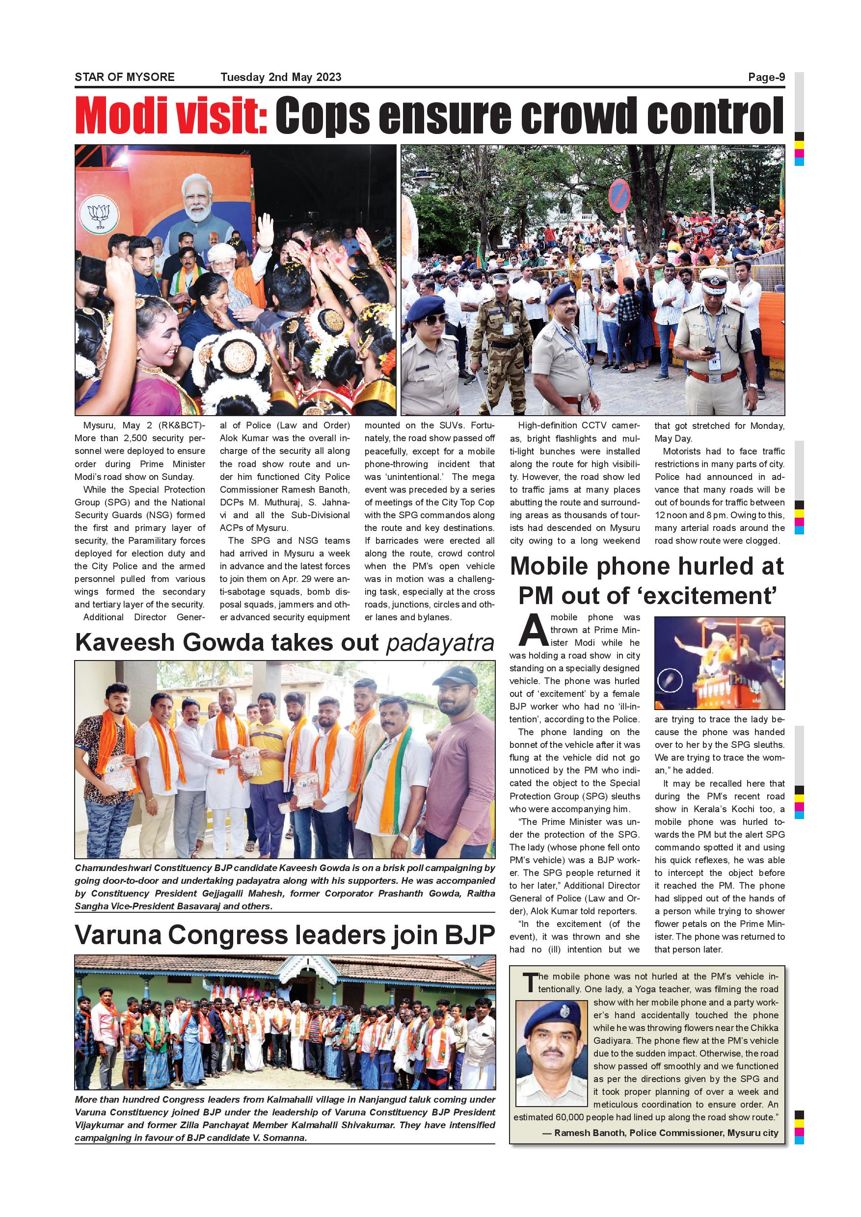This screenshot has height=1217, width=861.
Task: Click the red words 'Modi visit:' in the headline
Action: coord(171,115)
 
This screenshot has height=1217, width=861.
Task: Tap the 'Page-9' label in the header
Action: coord(766,78)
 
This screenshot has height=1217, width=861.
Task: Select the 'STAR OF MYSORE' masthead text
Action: coord(125,78)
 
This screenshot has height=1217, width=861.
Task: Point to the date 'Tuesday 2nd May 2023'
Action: coord(281,78)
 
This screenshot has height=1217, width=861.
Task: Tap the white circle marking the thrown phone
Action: coord(671,681)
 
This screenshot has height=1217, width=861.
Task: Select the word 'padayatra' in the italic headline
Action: coord(440,642)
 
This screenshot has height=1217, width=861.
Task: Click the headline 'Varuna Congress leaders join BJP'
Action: coord(285,935)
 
